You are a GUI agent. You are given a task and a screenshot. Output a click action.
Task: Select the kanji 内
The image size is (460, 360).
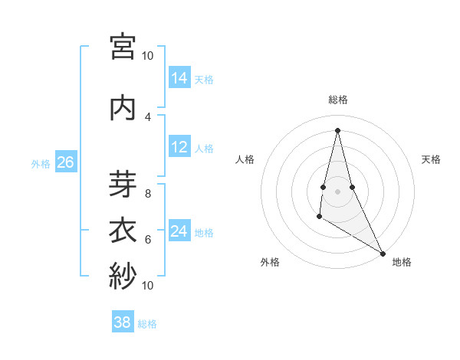pyautogui.click(x=123, y=107)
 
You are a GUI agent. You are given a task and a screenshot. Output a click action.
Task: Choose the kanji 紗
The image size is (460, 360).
pyautogui.click(x=123, y=275)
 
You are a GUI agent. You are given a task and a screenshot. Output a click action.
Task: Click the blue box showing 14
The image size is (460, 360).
pyautogui.click(x=179, y=78)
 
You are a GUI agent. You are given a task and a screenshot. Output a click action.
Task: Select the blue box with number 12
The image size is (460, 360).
pyautogui.click(x=179, y=147)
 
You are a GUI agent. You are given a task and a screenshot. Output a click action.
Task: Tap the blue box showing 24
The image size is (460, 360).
pyautogui.click(x=179, y=231)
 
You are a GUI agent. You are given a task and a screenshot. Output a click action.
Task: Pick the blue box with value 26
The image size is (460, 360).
pyautogui.click(x=65, y=162)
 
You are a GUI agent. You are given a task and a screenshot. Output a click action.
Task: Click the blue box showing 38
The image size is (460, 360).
pyautogui.click(x=123, y=322)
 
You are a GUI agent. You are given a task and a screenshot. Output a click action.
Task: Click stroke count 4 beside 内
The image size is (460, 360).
pyautogui.click(x=148, y=116)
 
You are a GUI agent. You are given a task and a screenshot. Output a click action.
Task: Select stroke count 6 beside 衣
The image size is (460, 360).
pyautogui.click(x=148, y=239)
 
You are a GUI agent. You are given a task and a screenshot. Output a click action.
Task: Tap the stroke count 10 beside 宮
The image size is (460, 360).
pyautogui.click(x=148, y=55)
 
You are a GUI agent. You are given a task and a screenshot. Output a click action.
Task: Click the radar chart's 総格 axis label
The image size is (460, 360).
pyautogui.click(x=338, y=100)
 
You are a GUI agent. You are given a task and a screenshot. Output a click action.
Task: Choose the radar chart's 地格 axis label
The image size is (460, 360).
pyautogui.click(x=402, y=262)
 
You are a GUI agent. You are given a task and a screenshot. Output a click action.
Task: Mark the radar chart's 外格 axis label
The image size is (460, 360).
pyautogui.click(x=270, y=262)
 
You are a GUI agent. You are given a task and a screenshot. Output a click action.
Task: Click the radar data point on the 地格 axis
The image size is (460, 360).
pyautogui.click(x=383, y=253)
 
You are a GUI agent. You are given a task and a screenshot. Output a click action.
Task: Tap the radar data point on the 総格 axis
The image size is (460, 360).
pyautogui.click(x=337, y=129)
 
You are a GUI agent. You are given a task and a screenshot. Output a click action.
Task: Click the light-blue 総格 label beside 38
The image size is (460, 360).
pyautogui.click(x=147, y=324)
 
